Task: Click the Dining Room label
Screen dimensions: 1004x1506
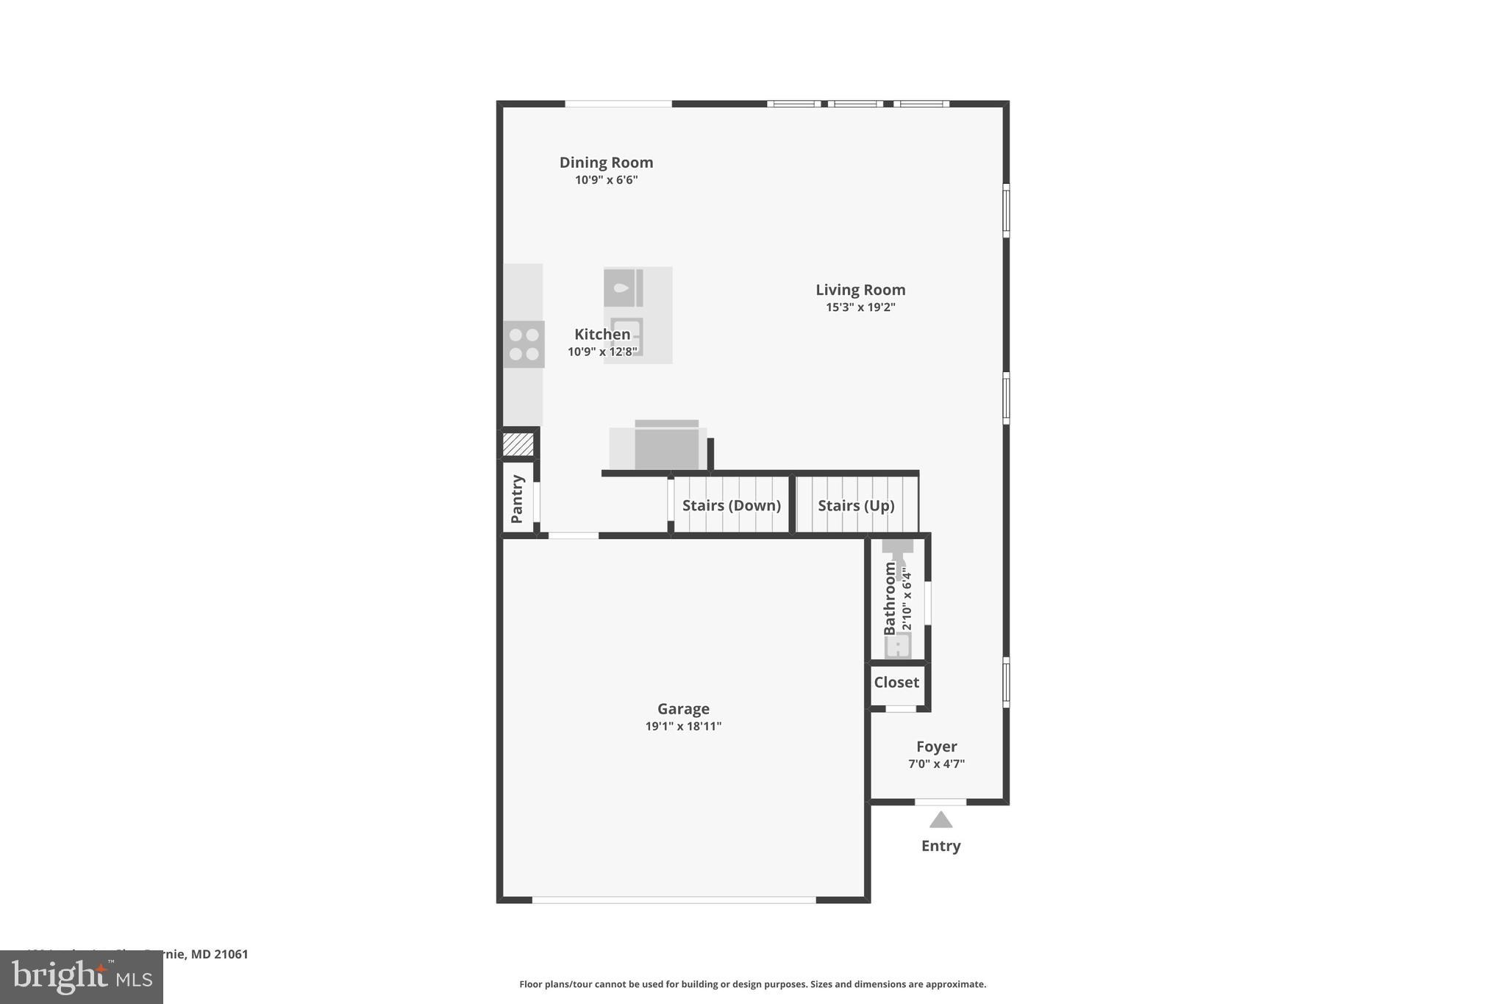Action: click(x=606, y=163)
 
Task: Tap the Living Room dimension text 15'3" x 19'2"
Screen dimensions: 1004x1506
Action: click(x=860, y=307)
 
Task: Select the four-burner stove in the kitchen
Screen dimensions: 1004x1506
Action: click(x=524, y=344)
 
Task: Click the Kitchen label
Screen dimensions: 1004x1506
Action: click(x=602, y=335)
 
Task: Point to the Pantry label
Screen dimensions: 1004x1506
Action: click(x=517, y=499)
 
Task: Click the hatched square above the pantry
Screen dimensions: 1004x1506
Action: click(x=518, y=444)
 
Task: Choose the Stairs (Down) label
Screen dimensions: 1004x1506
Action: click(x=731, y=505)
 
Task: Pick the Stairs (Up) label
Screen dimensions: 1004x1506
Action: click(x=856, y=505)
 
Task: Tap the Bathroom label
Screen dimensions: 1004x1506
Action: click(x=890, y=599)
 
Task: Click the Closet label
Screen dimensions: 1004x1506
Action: click(x=896, y=683)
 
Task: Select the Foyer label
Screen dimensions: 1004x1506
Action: click(x=936, y=747)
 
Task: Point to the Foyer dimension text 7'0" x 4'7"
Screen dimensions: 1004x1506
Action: click(x=936, y=764)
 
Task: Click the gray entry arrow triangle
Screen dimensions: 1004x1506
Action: click(x=941, y=820)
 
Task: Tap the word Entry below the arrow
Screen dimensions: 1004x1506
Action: click(x=941, y=846)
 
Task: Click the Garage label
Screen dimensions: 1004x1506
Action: click(x=683, y=709)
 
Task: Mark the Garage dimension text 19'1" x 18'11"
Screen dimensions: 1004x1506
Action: click(x=683, y=727)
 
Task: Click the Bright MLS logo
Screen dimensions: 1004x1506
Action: click(x=82, y=978)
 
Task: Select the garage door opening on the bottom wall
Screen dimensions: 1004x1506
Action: click(x=674, y=900)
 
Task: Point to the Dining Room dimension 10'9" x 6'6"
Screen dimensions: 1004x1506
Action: click(x=606, y=180)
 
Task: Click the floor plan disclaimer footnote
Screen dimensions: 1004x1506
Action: click(x=752, y=984)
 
